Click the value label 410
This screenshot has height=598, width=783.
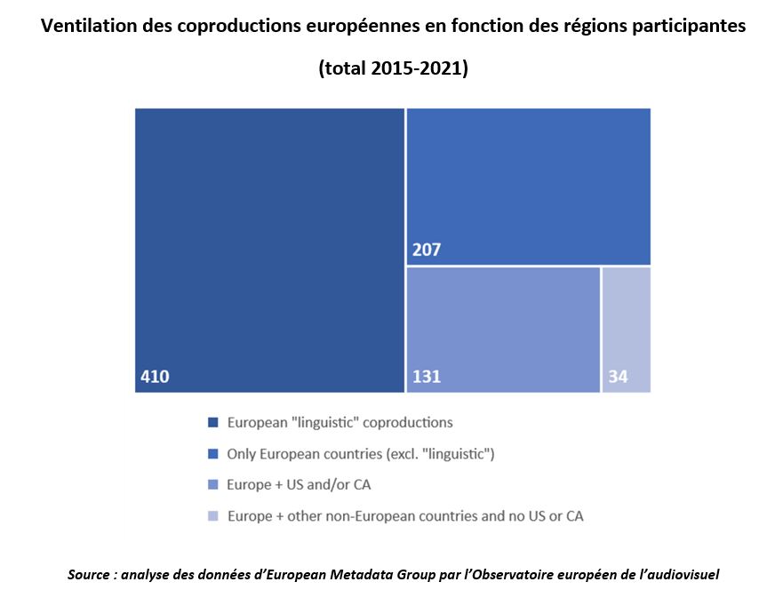155,377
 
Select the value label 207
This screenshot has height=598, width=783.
427,251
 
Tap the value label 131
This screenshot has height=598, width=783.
427,377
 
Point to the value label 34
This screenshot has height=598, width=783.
618,377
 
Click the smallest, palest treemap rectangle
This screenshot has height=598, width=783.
627,329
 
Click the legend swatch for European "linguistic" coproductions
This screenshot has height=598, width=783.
212,423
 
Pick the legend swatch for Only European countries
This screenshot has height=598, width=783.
212,454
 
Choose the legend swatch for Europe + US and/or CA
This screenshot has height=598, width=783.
212,485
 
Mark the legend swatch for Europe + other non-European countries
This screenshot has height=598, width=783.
212,516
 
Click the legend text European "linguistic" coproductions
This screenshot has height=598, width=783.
340,423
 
